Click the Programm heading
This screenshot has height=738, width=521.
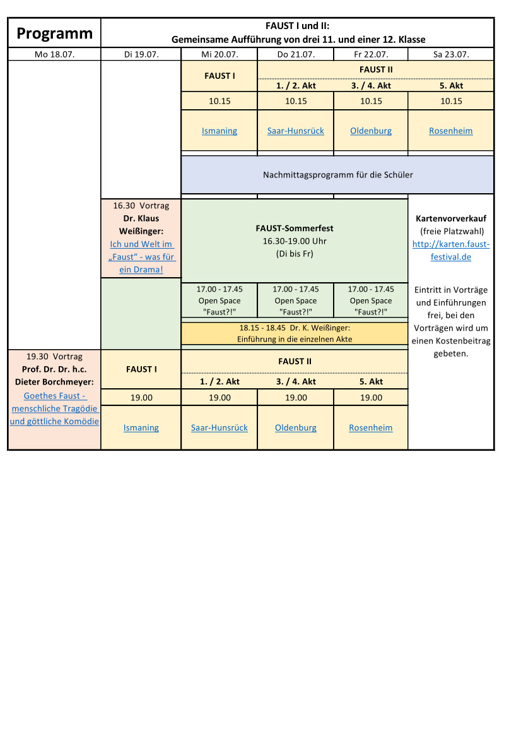pyautogui.click(x=54, y=33)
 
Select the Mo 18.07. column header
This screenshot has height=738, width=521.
pyautogui.click(x=54, y=54)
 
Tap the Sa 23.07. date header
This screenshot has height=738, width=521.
pyautogui.click(x=451, y=54)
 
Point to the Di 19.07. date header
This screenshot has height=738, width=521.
pyautogui.click(x=141, y=54)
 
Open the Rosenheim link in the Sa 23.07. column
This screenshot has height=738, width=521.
pyautogui.click(x=451, y=131)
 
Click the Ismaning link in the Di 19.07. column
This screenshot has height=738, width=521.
pyautogui.click(x=141, y=428)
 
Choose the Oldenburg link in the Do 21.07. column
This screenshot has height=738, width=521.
pyautogui.click(x=296, y=428)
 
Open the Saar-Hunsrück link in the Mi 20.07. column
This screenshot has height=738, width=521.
pyautogui.click(x=220, y=428)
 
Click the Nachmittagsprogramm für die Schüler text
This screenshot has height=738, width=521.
pyautogui.click(x=338, y=175)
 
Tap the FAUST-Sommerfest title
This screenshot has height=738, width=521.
pyautogui.click(x=295, y=229)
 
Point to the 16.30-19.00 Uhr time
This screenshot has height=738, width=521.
pyautogui.click(x=295, y=241)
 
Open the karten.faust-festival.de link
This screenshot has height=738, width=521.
pyautogui.click(x=451, y=251)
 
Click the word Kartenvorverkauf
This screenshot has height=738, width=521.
pyautogui.click(x=451, y=218)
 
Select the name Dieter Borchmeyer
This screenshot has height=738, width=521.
pyautogui.click(x=54, y=382)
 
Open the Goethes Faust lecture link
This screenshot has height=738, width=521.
pyautogui.click(x=54, y=408)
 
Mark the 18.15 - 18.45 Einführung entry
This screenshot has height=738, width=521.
pyautogui.click(x=295, y=333)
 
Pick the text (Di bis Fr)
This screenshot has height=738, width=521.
pyautogui.click(x=295, y=254)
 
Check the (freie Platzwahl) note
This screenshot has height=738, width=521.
pyautogui.click(x=451, y=231)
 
